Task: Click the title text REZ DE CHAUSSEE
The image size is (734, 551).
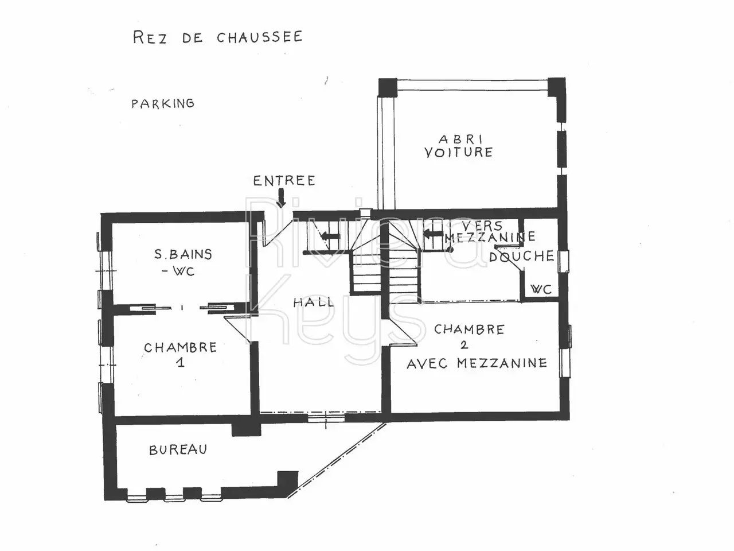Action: tap(218, 37)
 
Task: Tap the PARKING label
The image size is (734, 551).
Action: tap(163, 103)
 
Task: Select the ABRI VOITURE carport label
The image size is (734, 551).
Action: tap(459, 146)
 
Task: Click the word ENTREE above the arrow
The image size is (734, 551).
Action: tap(284, 181)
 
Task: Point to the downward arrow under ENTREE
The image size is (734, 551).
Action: tap(282, 197)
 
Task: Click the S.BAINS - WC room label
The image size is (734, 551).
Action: tap(182, 262)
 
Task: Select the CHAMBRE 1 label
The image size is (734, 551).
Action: tap(181, 354)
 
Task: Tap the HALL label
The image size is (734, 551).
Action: tap(313, 302)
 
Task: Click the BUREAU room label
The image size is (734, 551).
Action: tap(178, 450)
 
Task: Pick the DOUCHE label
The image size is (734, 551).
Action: tap(522, 256)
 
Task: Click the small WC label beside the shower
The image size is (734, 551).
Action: tap(541, 289)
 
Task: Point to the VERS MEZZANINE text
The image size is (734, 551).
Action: tap(490, 231)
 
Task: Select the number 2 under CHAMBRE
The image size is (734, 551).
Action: tap(464, 345)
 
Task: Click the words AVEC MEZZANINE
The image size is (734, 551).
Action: tap(477, 363)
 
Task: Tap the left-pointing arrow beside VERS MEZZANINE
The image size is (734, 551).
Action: tap(434, 234)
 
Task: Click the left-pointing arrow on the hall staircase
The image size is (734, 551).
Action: tap(330, 236)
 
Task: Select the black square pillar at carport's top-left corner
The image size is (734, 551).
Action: tap(388, 88)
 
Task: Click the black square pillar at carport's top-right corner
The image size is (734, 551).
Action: tap(556, 87)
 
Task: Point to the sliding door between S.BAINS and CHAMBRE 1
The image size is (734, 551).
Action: tap(182, 308)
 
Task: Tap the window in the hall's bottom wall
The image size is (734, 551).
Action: tap(326, 418)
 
